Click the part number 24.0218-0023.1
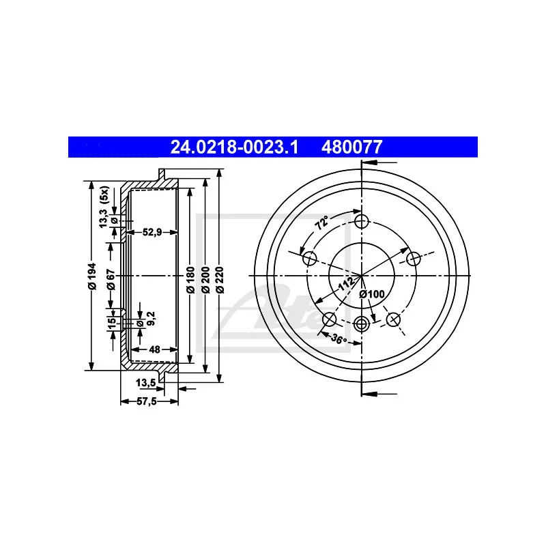[x=234, y=147]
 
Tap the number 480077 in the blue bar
[x=352, y=147]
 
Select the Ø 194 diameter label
[x=92, y=276]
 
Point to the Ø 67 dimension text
[x=111, y=279]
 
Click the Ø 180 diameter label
[x=190, y=281]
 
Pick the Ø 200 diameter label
[x=205, y=281]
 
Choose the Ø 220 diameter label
[x=220, y=281]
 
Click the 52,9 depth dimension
[x=152, y=232]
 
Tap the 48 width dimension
[x=154, y=349]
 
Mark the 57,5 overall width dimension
[x=147, y=401]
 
